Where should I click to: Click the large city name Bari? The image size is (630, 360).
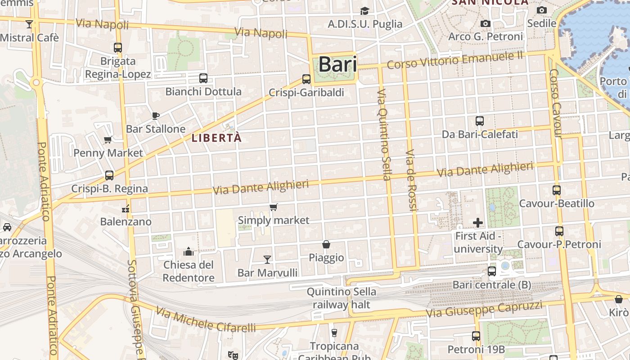click(x=337, y=64)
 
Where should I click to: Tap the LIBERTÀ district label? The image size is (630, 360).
click(x=216, y=138)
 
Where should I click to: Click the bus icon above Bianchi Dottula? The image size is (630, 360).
click(x=203, y=78)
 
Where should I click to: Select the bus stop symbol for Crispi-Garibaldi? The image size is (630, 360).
click(x=306, y=79)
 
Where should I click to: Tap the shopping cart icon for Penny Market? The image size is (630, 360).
click(x=108, y=139)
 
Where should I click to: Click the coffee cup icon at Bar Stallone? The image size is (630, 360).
click(x=156, y=116)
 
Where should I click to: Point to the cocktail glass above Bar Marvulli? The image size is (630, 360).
click(x=267, y=259)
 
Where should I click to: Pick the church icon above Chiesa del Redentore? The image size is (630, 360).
click(x=189, y=251)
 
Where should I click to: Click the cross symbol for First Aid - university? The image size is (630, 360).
click(x=478, y=222)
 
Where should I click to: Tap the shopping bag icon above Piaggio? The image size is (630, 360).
click(x=326, y=244)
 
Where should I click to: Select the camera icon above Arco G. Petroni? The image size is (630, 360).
click(x=485, y=23)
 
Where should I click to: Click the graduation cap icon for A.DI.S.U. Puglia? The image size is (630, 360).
click(x=364, y=11)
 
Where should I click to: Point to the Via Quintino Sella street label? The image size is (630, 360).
click(x=383, y=135)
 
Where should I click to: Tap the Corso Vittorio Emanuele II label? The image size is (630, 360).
click(x=455, y=60)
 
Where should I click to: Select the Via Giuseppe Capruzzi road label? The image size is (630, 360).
click(x=484, y=309)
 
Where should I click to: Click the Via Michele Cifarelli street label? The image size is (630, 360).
click(x=206, y=319)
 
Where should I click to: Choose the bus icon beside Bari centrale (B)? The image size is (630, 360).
click(x=492, y=271)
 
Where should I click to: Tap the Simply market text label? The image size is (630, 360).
click(x=274, y=220)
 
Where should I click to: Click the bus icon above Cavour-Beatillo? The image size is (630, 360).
click(x=557, y=190)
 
